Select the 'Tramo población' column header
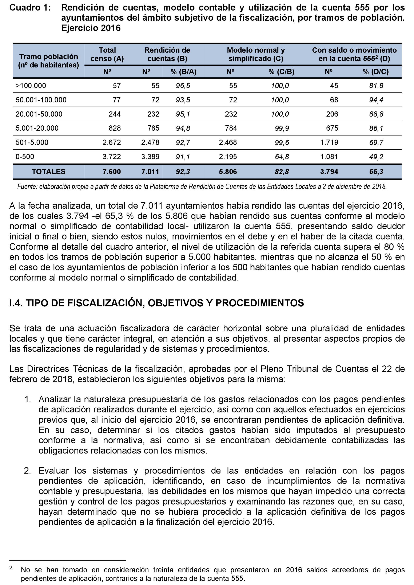pyautogui.click(x=48, y=57)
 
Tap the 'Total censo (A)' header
pyautogui.click(x=107, y=54)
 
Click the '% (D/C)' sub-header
pyautogui.click(x=375, y=72)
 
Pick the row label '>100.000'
pyautogui.click(x=31, y=86)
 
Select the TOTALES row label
pyautogui.click(x=48, y=172)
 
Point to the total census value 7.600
pyautogui.click(x=112, y=172)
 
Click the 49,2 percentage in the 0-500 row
pyautogui.click(x=376, y=157)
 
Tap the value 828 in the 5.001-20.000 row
pyautogui.click(x=115, y=128)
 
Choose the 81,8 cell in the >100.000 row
pyautogui.click(x=376, y=86)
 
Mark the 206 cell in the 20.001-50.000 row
pyautogui.click(x=332, y=114)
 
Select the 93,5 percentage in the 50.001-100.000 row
pyautogui.click(x=183, y=100)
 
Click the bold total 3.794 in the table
pyautogui.click(x=329, y=172)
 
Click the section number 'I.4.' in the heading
pyautogui.click(x=16, y=303)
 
